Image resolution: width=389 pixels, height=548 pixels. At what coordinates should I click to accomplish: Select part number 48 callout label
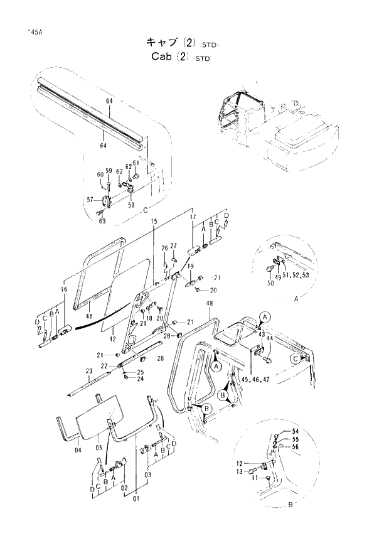[x=208, y=303]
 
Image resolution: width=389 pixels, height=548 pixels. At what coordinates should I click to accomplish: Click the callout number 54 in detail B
[x=296, y=432]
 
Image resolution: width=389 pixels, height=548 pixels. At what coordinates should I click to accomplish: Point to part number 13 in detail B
[x=240, y=471]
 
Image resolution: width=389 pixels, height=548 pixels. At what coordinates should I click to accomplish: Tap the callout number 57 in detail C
[x=90, y=200]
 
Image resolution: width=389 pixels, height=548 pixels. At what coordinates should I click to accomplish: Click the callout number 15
[x=154, y=221]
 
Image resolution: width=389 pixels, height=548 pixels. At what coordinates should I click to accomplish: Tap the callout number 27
[x=174, y=245]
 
